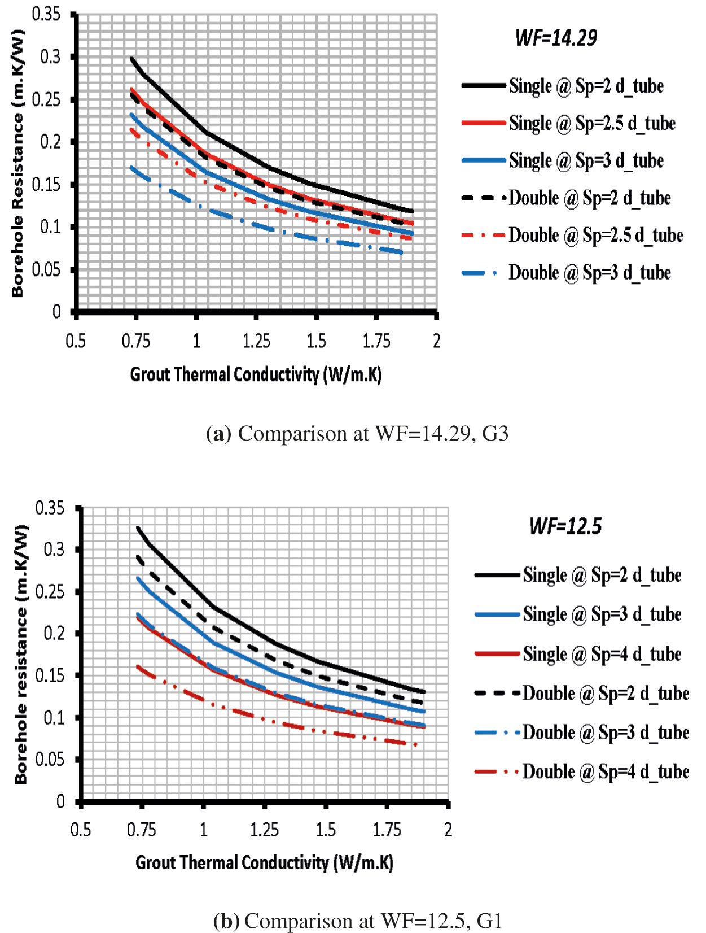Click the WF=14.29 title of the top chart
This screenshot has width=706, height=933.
[556, 38]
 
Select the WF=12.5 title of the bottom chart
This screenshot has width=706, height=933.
[565, 526]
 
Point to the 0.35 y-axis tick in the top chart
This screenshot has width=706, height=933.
[46, 14]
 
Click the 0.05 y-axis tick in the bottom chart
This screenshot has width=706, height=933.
[50, 760]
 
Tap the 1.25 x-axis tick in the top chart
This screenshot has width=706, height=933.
[256, 341]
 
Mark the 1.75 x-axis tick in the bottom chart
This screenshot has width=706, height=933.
[387, 830]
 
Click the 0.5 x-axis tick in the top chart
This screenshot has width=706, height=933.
[76, 341]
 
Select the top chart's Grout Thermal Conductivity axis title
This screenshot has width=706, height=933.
[256, 374]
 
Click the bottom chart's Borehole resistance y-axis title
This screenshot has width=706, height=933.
[21, 654]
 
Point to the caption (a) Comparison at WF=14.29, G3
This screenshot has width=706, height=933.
[357, 434]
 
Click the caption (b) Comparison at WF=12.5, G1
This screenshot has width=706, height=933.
[358, 921]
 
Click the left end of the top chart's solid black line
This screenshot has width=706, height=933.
[132, 59]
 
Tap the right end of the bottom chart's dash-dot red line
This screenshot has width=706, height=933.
[416, 745]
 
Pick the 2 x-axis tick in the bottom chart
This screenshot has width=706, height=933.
[448, 830]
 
